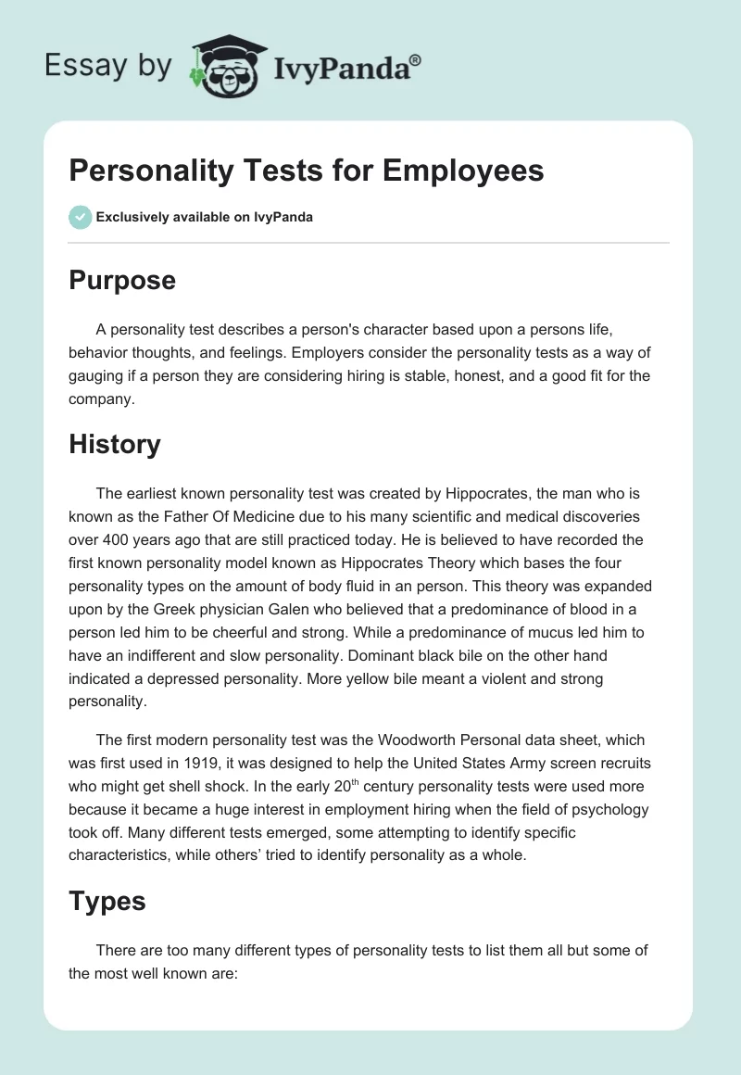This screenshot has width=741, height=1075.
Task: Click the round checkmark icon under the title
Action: click(80, 217)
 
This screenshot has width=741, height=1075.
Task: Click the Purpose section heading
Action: click(122, 280)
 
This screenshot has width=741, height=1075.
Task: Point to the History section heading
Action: click(115, 444)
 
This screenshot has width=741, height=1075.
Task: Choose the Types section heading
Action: click(107, 901)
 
